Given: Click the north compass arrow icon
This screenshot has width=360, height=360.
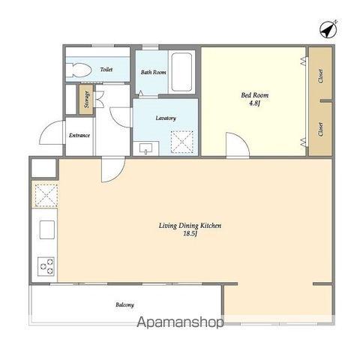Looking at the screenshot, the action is (x=328, y=29).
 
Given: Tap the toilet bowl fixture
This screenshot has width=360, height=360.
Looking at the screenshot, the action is (x=78, y=70).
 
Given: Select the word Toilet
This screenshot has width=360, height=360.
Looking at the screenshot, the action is (x=106, y=70).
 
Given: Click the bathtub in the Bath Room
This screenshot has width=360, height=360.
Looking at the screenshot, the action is (x=181, y=73).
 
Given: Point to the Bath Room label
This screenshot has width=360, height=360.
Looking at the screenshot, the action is (x=153, y=72).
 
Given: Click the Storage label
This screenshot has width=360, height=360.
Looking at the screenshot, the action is (x=87, y=99).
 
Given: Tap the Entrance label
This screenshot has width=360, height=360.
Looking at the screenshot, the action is (x=79, y=135).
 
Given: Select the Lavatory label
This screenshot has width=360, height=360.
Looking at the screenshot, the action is (x=166, y=118).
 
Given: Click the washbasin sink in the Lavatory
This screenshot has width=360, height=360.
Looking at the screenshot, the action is (x=145, y=148).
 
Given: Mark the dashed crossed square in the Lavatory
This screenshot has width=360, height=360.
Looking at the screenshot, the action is (x=182, y=142).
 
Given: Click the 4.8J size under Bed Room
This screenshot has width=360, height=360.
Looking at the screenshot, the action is (x=255, y=103).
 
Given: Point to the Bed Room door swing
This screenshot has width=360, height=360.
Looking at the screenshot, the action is (x=238, y=145).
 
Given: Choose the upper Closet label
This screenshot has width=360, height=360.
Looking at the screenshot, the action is (x=320, y=76).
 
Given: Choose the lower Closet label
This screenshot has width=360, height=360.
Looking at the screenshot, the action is (x=320, y=129).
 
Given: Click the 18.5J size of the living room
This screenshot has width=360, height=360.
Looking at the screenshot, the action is (x=190, y=234).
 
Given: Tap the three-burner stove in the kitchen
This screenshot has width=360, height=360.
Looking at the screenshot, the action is (x=46, y=266).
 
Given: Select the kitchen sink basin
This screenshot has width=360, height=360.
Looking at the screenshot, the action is (x=47, y=229).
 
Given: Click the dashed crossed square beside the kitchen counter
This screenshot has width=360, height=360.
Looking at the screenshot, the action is (x=46, y=196).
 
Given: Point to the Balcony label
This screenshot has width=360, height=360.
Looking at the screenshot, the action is (x=124, y=304).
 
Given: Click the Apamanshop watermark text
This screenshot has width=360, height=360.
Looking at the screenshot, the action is (x=180, y=322).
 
